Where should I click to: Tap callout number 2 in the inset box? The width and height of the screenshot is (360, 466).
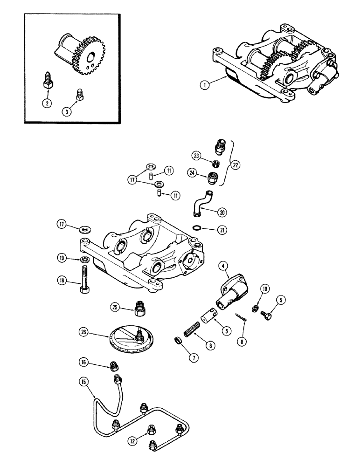tap(46, 103)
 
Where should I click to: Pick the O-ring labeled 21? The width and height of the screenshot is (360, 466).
tap(198, 228)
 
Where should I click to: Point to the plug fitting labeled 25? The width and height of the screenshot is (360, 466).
tap(139, 308)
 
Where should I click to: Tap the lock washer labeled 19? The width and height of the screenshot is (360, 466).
tap(83, 260)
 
